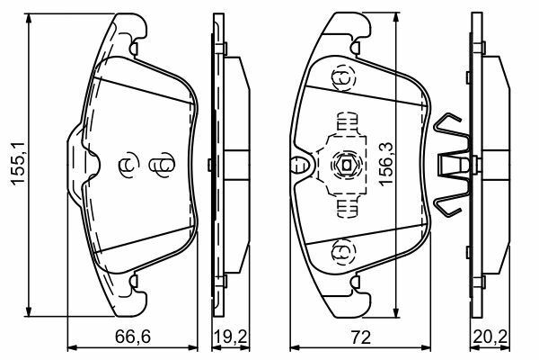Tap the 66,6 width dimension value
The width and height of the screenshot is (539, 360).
[133, 337]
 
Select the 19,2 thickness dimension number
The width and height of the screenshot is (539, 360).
[231, 337]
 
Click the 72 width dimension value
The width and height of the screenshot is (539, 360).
[361, 337]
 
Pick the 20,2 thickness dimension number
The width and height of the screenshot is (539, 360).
[490, 337]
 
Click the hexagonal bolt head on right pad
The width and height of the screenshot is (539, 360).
[346, 166]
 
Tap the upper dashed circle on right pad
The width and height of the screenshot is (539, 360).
[344, 79]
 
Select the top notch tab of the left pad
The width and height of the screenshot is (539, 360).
[134, 48]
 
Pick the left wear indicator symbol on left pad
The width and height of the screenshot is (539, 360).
[128, 165]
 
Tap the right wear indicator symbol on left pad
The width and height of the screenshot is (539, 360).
[162, 165]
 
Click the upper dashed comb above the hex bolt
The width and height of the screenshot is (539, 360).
[347, 122]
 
